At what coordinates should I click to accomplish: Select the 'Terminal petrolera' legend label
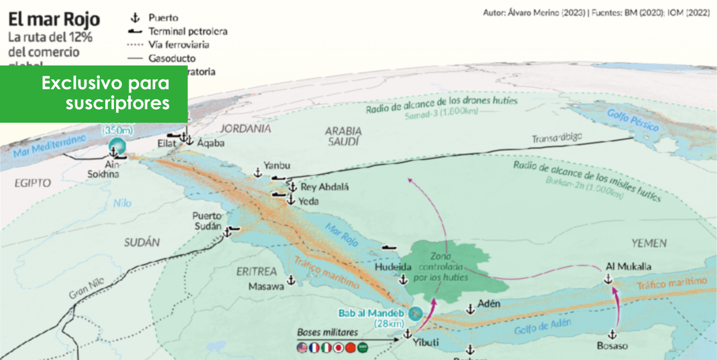pos(188,31)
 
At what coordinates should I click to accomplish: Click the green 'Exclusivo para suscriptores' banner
pos(94,94)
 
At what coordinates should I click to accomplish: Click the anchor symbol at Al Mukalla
pos(607,279)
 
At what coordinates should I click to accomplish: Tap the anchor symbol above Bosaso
pos(612,334)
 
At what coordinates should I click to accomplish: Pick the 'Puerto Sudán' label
pos(207,221)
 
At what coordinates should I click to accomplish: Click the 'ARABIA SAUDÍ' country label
pos(343,136)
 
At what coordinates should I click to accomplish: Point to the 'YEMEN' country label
pos(649,243)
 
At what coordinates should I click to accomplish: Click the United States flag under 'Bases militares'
pos(302,347)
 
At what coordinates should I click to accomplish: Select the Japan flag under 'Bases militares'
pos(339,347)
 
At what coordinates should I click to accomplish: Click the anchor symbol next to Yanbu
pos(257,173)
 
